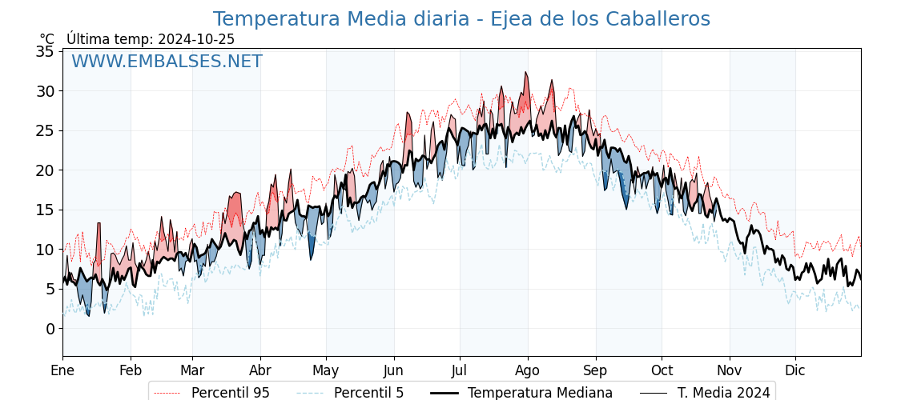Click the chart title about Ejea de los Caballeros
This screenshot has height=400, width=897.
click(461, 19)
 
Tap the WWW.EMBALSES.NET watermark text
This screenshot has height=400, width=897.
click(167, 62)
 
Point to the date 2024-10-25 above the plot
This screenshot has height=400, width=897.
click(196, 39)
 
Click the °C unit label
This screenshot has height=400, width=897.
click(46, 39)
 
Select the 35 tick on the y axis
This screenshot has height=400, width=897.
click(45, 52)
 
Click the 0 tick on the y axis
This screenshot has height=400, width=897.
click(50, 329)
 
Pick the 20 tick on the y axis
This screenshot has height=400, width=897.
click(45, 170)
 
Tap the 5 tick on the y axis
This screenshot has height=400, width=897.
click(50, 289)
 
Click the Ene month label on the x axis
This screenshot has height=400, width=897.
click(62, 371)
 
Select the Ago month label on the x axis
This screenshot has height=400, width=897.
click(528, 371)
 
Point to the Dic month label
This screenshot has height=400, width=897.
click(795, 371)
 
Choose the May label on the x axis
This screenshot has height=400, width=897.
click(326, 371)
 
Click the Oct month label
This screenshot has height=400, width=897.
click(662, 371)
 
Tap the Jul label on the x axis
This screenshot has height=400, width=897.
click(460, 371)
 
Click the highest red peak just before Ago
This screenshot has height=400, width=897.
click(526, 73)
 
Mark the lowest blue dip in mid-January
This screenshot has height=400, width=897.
click(88, 314)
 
